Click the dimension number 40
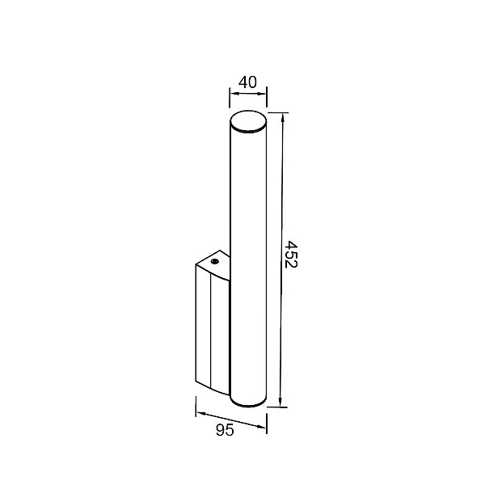(x=247, y=82)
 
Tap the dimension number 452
(x=291, y=255)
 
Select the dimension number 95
(x=225, y=430)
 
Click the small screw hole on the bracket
(x=214, y=262)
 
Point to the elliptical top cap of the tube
(x=248, y=121)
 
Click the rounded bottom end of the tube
(x=248, y=401)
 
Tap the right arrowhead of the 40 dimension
(x=262, y=94)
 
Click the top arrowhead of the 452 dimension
(x=282, y=117)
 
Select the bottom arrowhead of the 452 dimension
(x=280, y=402)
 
